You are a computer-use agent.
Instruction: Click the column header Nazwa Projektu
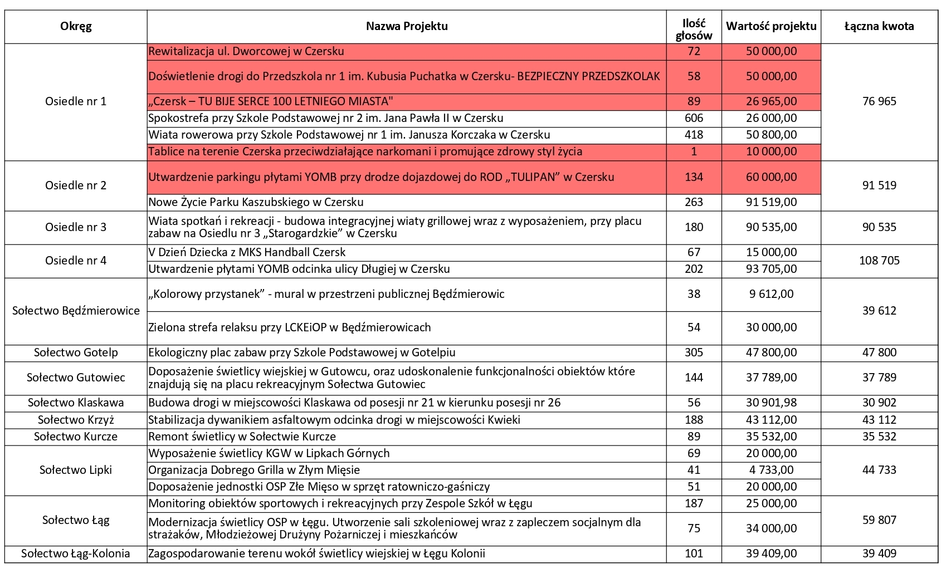(407, 26)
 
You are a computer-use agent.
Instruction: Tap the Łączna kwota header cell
(879, 26)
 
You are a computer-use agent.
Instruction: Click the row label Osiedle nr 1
(76, 101)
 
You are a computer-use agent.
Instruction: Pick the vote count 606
(694, 118)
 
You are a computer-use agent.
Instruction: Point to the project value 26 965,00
(771, 101)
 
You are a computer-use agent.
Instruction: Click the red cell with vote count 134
(694, 177)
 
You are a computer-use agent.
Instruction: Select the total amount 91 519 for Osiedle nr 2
(879, 185)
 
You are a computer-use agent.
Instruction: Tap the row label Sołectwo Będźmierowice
(76, 311)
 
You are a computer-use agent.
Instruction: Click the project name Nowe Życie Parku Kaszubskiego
(256, 202)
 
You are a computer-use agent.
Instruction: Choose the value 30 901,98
(771, 403)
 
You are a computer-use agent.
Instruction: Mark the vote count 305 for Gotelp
(694, 352)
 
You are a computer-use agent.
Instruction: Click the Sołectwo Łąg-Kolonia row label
(76, 553)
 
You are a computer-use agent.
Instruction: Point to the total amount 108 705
(879, 261)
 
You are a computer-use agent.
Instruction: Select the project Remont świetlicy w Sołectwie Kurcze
(242, 437)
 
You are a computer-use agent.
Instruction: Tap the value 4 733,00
(771, 470)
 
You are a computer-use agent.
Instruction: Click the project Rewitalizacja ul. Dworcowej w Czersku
(246, 51)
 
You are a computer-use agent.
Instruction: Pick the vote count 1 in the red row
(694, 151)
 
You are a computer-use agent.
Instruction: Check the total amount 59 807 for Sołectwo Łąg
(879, 520)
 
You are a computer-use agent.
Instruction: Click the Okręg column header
(76, 26)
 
